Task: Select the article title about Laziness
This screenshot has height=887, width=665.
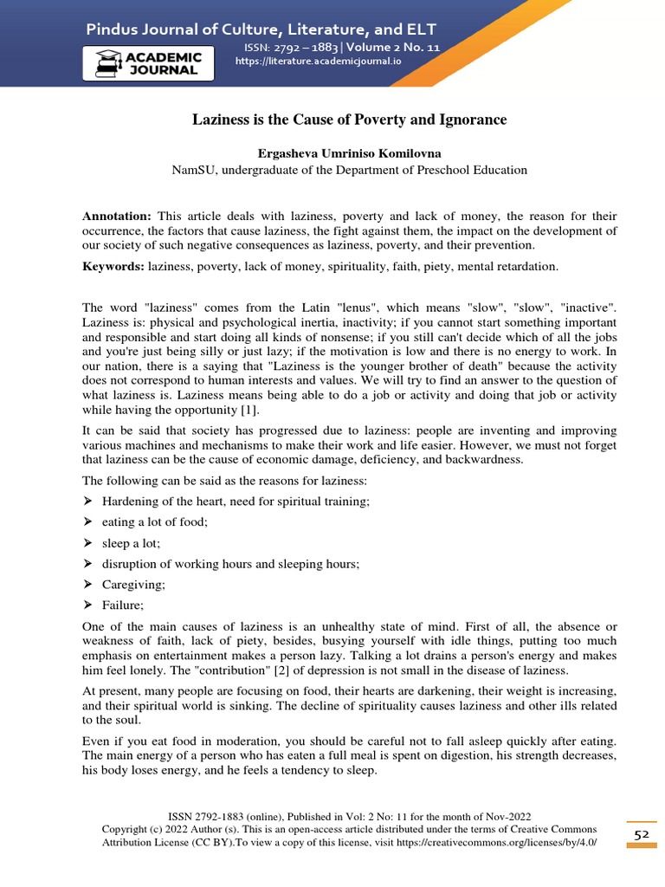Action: pos(349,119)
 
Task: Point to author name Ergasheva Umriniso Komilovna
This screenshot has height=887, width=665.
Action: pos(349,152)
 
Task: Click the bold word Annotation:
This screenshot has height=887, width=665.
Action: pos(116,216)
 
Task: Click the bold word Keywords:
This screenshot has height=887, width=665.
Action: pos(113,267)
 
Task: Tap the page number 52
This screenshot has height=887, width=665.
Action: pos(641,833)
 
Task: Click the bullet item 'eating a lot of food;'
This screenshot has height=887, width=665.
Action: pos(155,522)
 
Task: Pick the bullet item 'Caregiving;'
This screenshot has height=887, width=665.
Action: pos(133,585)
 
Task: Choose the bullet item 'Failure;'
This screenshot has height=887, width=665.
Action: pos(123,605)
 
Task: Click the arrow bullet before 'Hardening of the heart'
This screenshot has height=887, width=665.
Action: pos(87,502)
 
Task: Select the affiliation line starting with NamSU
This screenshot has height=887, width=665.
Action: pos(349,170)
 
